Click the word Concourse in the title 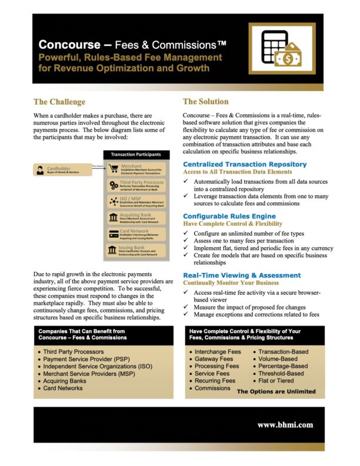(66, 45)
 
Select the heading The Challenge (59, 102)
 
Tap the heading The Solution (205, 102)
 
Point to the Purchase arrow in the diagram (98, 167)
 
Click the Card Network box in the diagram (136, 234)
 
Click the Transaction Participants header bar (136, 155)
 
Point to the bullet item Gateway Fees (214, 358)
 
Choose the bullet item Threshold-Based (281, 373)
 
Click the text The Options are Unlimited (276, 391)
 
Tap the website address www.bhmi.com (285, 424)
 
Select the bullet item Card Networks (63, 388)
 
